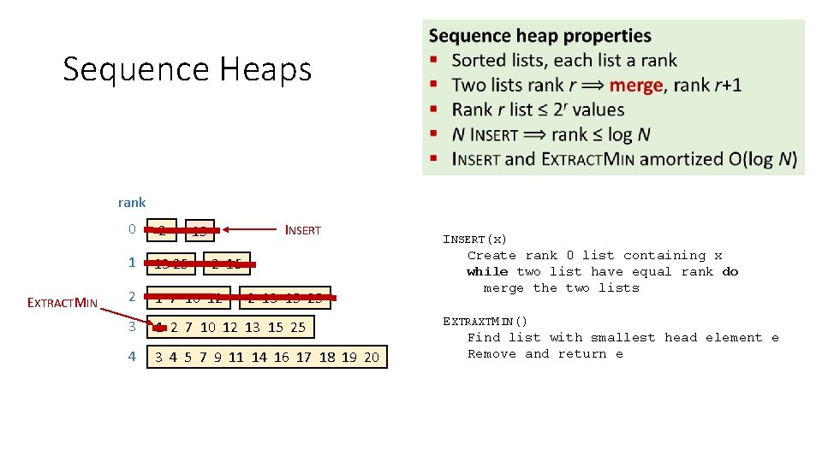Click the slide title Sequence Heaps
click(x=187, y=69)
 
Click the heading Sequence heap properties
click(x=539, y=36)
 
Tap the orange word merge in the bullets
click(x=635, y=85)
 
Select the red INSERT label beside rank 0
click(x=302, y=230)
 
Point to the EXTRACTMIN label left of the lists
click(x=65, y=301)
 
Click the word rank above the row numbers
click(x=132, y=203)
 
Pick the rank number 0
click(x=131, y=229)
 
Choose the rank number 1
click(x=131, y=264)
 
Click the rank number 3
click(x=131, y=325)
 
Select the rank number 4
click(x=131, y=356)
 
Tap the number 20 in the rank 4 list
click(x=371, y=357)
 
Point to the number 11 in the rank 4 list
click(x=235, y=357)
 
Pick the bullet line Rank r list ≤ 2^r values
click(x=538, y=110)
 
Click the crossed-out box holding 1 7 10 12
click(x=189, y=297)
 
